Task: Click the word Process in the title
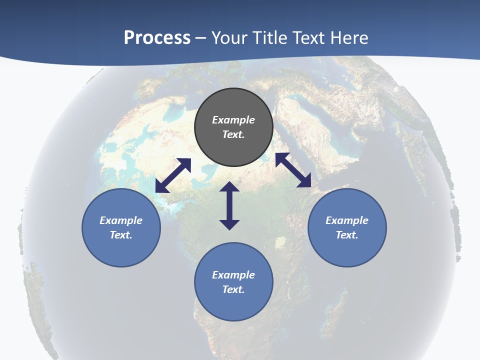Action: click(157, 38)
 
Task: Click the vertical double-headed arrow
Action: click(229, 205)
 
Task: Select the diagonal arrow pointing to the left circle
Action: click(173, 175)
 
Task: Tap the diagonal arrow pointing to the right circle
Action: click(293, 170)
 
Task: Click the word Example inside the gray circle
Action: click(233, 120)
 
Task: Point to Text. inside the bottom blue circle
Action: click(233, 289)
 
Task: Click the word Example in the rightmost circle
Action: click(347, 220)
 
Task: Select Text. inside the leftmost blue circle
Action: click(121, 235)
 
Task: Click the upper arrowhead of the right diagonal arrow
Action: click(281, 158)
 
